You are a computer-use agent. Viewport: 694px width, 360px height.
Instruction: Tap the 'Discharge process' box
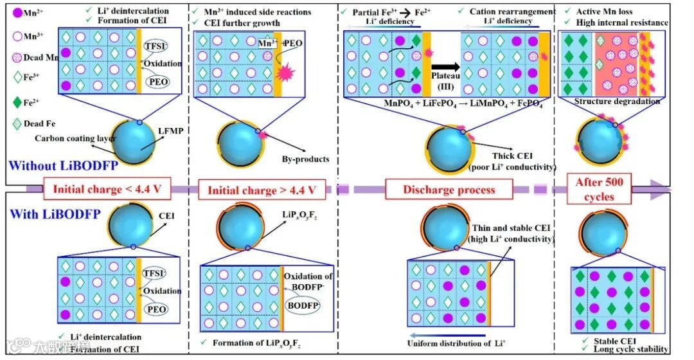pos(449,190)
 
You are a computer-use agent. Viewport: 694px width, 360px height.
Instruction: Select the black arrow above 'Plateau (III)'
pos(444,67)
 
